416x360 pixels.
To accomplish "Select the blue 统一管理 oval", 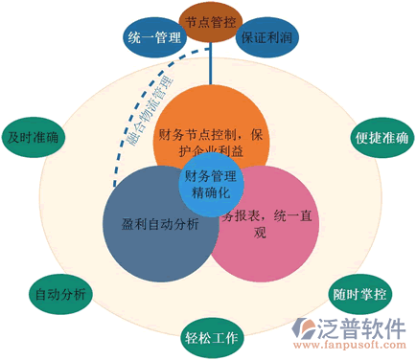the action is click(151, 38).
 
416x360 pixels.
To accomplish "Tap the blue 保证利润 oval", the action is click(266, 38).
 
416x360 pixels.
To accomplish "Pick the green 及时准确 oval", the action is click(32, 137).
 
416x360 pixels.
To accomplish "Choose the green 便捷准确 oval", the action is click(382, 137).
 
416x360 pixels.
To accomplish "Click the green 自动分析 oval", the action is click(59, 293).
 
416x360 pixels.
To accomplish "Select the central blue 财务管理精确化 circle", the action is click(210, 183).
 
